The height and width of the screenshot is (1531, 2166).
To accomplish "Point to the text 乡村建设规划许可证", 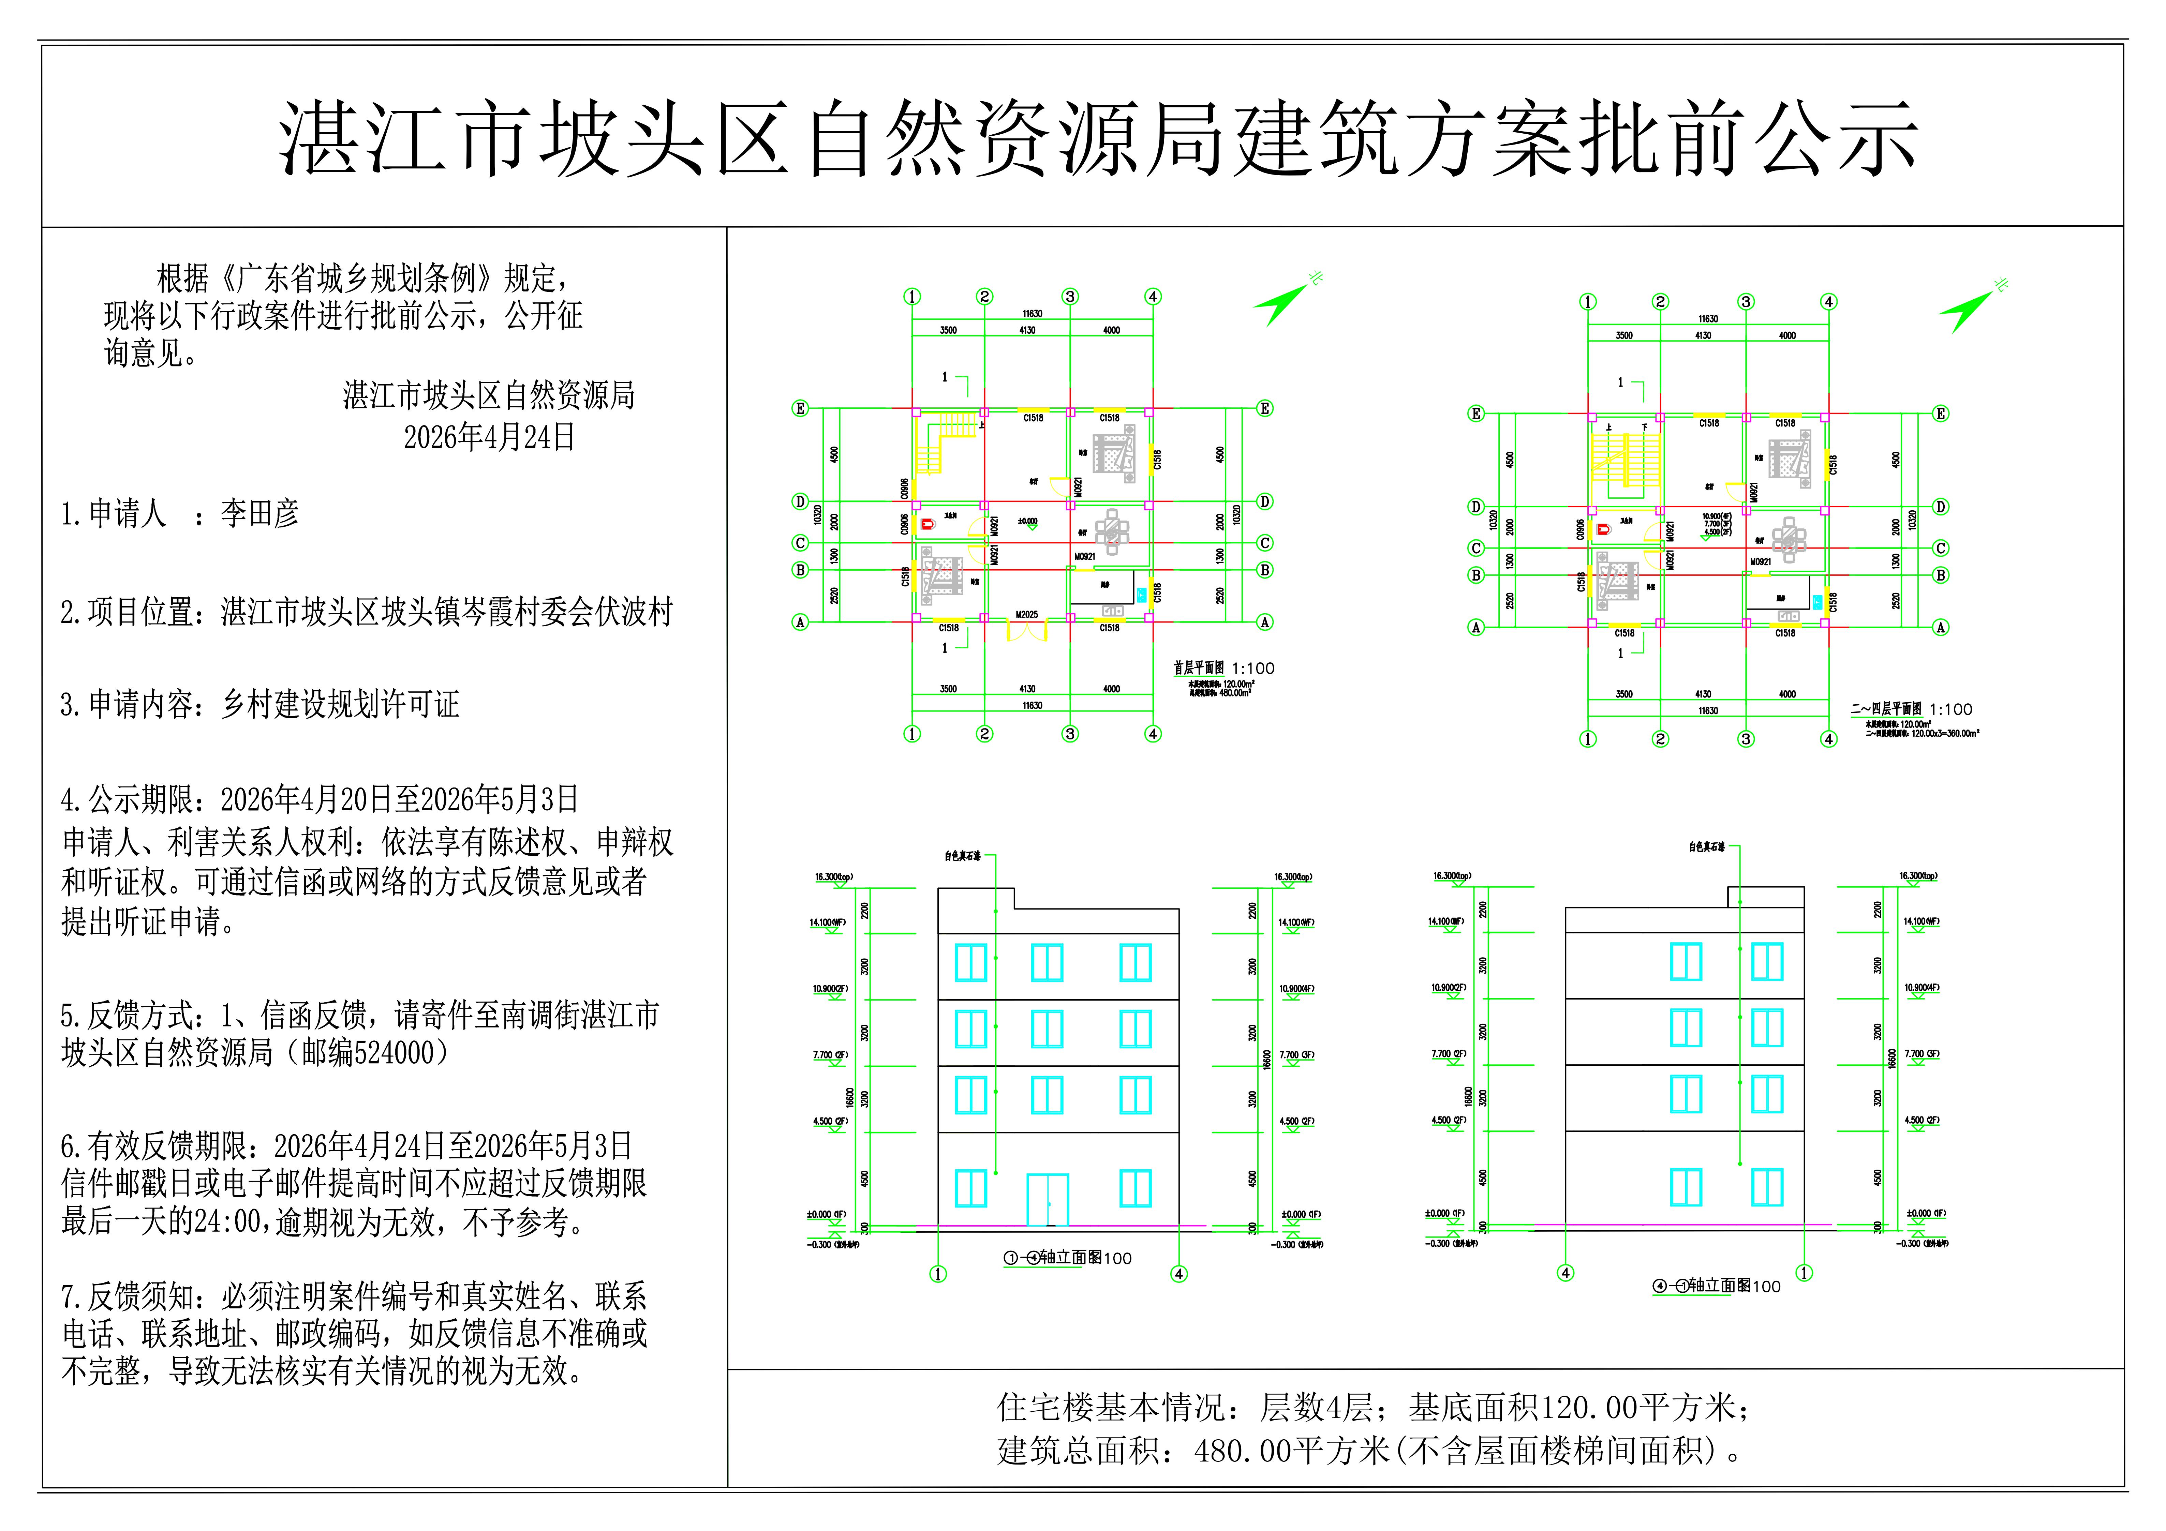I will pyautogui.click(x=340, y=704).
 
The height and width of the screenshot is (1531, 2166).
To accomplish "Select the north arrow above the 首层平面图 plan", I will pyautogui.click(x=1285, y=302).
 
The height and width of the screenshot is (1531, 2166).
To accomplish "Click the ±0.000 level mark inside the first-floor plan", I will pyautogui.click(x=1028, y=522).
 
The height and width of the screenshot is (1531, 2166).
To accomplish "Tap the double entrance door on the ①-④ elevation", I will pyautogui.click(x=1047, y=1199).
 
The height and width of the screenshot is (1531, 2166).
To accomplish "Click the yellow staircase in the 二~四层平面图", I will pyautogui.click(x=1624, y=462).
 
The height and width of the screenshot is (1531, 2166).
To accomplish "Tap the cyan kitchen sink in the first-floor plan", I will pyautogui.click(x=1142, y=594).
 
